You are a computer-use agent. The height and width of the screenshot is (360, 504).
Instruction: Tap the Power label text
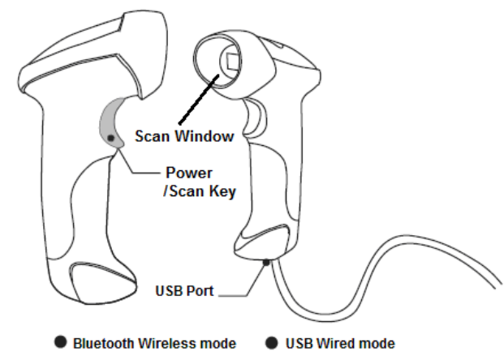188,173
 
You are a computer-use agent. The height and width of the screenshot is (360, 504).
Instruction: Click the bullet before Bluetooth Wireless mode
61,344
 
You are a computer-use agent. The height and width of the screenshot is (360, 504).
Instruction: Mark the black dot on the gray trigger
110,139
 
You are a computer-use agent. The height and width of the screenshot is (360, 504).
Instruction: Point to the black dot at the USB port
265,261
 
